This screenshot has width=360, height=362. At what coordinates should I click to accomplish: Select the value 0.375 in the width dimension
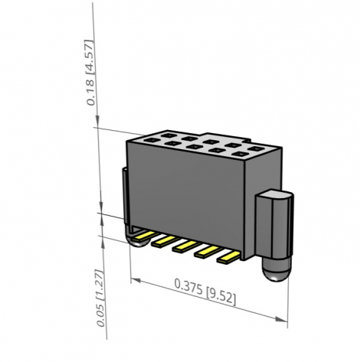[x=188, y=286]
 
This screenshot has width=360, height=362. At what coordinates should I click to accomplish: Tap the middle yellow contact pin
[x=185, y=246]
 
